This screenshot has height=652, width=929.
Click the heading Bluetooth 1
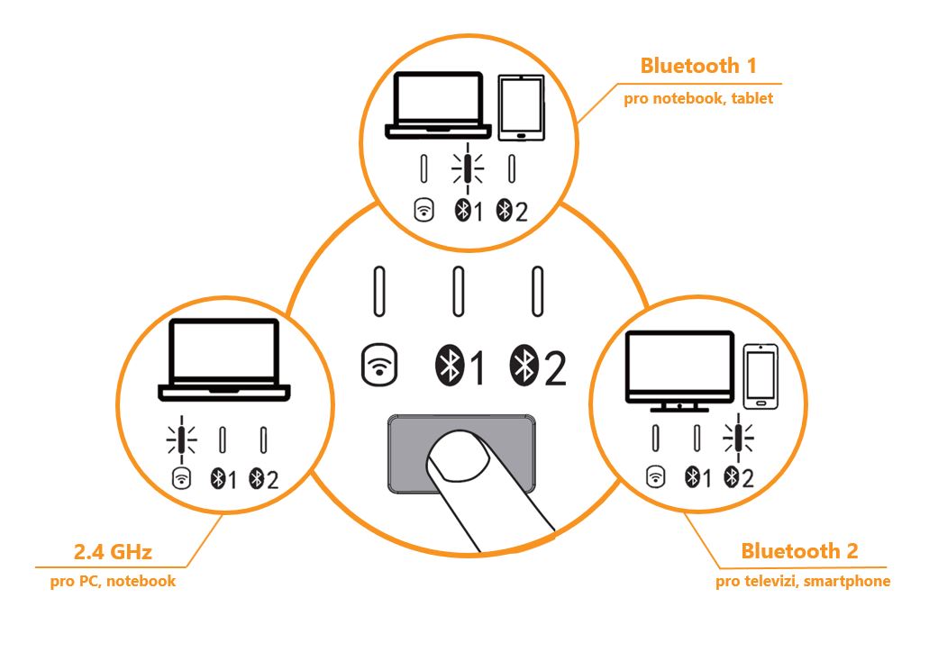tap(697, 66)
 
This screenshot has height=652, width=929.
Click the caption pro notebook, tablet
tap(698, 99)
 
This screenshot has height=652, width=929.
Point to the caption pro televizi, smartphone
tap(803, 582)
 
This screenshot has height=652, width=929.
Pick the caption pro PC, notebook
tap(113, 582)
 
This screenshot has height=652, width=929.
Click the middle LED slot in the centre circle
tap(459, 291)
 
